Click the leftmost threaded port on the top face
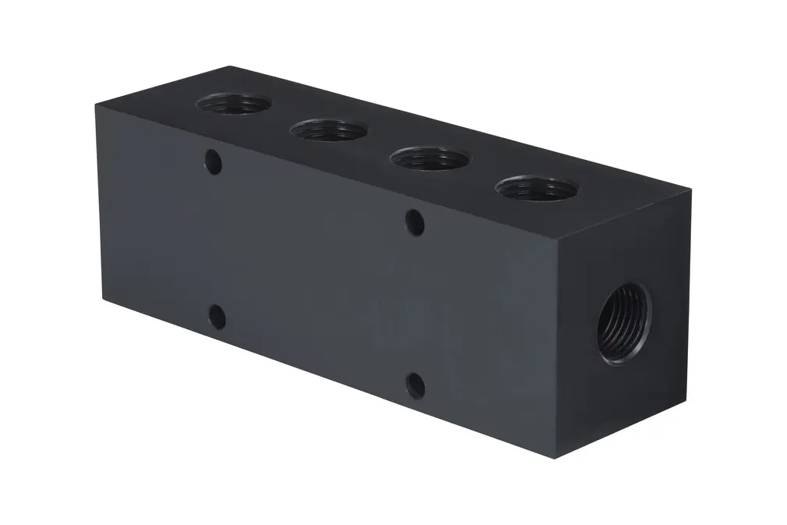[x=234, y=103]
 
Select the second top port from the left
[x=328, y=130]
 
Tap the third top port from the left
[x=429, y=158]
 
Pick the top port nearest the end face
[x=536, y=188]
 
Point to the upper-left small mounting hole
[x=212, y=162]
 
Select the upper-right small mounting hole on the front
[x=415, y=222]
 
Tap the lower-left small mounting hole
[x=218, y=317]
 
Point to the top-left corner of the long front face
[x=97, y=104]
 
